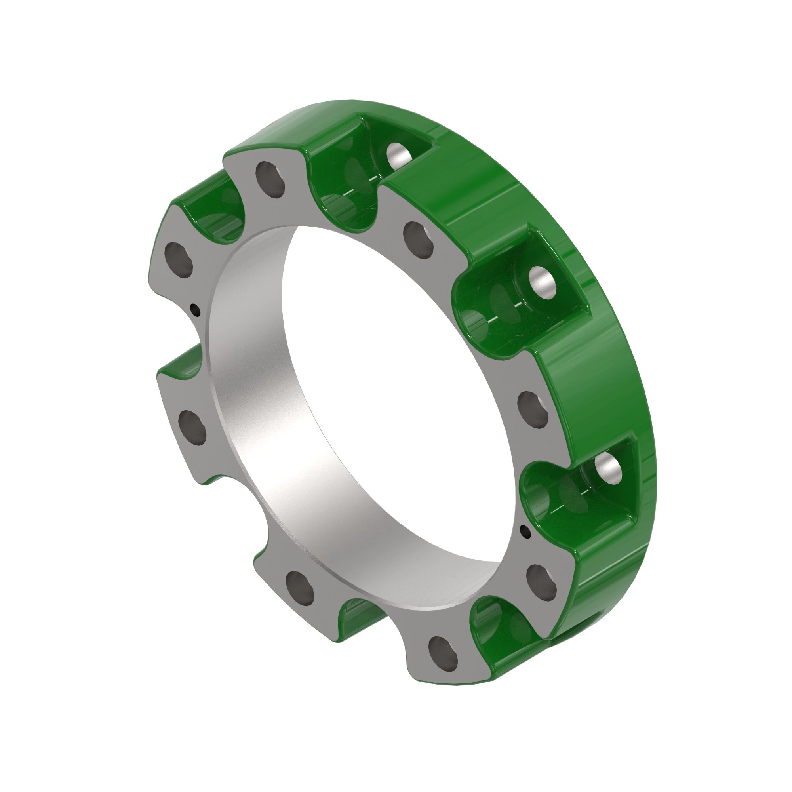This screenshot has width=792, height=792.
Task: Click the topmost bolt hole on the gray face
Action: [270, 179]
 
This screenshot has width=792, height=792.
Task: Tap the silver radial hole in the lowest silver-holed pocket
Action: [608, 467]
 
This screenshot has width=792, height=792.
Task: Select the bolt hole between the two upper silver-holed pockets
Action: [418, 240]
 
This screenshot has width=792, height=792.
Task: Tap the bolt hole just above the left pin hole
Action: [178, 260]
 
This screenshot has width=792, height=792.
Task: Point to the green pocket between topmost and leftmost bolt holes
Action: [217, 213]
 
